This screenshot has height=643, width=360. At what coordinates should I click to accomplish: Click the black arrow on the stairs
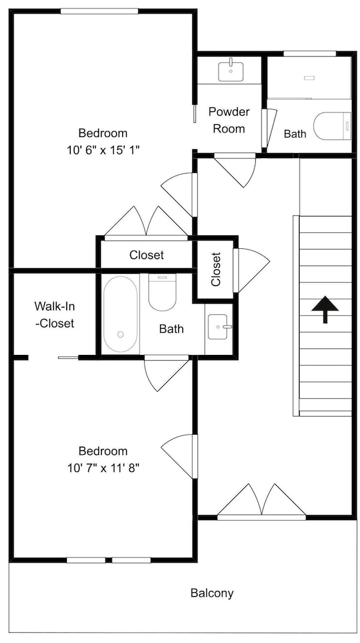325,309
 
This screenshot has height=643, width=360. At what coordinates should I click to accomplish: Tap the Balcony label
212,593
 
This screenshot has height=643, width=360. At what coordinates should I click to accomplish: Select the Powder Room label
229,120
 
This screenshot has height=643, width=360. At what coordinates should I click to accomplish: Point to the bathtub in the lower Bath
120,314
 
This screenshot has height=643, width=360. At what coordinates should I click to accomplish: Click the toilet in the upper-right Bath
332,126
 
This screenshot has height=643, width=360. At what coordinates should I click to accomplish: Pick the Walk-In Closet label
55,314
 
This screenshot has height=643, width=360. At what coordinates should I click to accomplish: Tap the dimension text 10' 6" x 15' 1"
104,150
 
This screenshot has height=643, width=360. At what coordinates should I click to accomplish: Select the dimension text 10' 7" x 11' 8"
104,468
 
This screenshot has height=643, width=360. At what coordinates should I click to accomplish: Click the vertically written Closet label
215,269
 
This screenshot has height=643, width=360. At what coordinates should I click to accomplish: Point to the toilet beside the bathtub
162,293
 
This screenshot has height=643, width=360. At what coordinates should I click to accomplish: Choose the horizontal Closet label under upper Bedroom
147,255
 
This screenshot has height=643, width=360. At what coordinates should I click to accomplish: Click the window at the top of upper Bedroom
99,12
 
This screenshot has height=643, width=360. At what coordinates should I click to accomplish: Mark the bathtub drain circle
120,334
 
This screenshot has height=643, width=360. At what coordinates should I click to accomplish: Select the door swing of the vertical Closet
251,270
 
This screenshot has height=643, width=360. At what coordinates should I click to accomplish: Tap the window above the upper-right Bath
310,53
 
